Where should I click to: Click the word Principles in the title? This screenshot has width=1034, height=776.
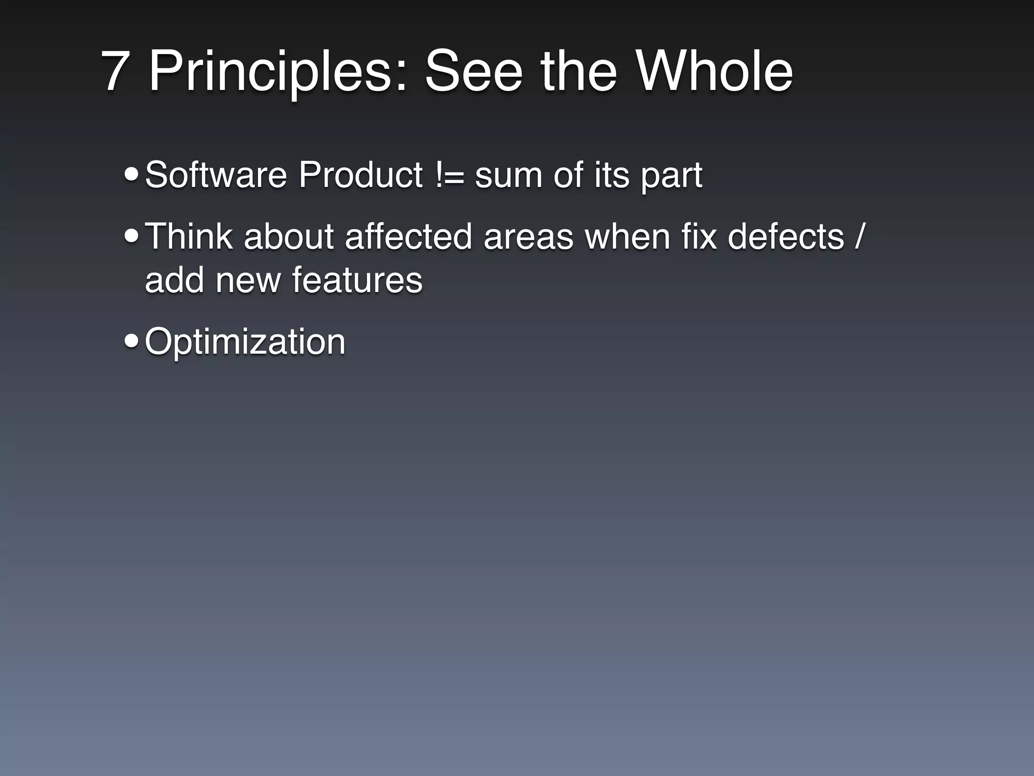[277, 71]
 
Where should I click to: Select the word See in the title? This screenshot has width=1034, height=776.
[473, 71]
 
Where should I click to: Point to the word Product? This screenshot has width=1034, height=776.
[360, 175]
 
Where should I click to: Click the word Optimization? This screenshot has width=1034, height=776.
[245, 342]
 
